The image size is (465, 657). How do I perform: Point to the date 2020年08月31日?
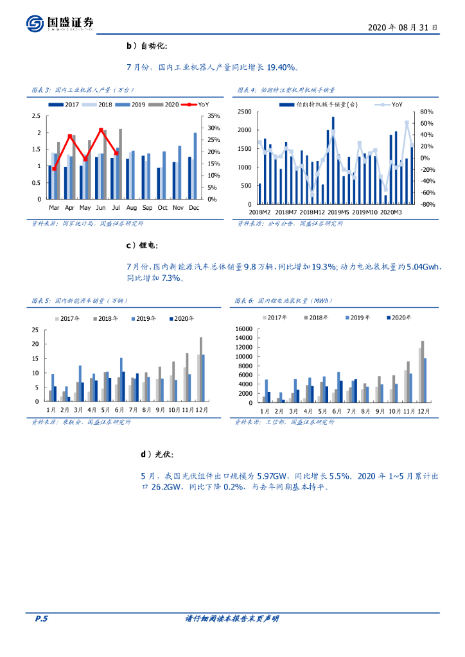[x=403, y=28]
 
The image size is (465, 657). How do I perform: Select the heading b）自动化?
[x=147, y=46]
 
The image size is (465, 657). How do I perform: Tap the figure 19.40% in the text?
[x=280, y=67]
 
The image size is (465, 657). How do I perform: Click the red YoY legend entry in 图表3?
[x=196, y=105]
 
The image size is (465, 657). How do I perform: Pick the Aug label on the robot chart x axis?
[x=131, y=208]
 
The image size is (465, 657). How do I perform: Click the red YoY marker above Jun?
[x=101, y=130]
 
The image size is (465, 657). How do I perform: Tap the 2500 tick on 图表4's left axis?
[x=243, y=112]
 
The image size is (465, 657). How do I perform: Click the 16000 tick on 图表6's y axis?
[x=244, y=330]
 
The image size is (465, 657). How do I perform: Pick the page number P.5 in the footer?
[x=41, y=619]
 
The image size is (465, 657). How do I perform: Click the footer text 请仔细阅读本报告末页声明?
[x=232, y=619]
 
